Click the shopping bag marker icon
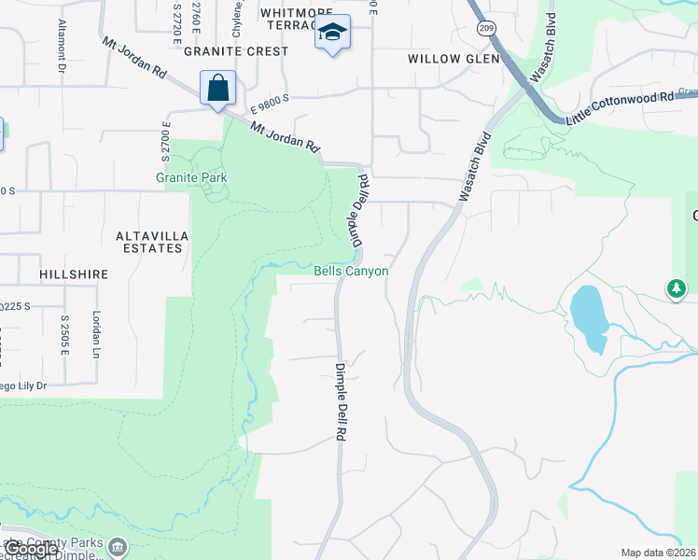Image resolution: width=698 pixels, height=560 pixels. tap(217, 90)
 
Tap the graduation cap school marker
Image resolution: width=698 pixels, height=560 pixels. tap(332, 34)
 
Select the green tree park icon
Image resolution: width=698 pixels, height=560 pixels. tap(677, 288)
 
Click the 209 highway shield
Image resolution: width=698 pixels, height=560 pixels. tap(486, 29)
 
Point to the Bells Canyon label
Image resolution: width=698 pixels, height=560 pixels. tap(351, 271)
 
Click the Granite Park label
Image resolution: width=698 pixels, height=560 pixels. tap(191, 177)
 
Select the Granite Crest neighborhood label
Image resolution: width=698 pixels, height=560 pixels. tap(236, 51)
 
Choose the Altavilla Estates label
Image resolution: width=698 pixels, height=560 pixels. tap(149, 243)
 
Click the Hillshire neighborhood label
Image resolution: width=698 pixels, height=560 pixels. tap(74, 275)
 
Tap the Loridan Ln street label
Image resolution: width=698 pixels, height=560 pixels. tap(95, 334)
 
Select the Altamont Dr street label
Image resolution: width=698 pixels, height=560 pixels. tap(62, 46)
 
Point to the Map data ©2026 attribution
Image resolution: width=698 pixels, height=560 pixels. tap(659, 553)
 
